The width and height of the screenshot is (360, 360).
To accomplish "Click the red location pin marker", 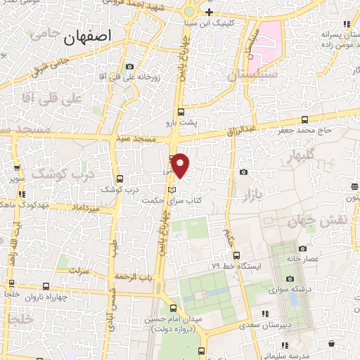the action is tap(181, 165).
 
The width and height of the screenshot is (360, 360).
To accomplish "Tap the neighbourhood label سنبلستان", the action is tap(252, 73).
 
